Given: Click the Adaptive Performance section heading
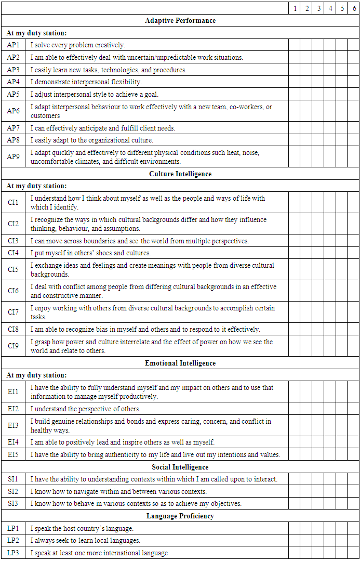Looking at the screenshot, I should tap(180, 21).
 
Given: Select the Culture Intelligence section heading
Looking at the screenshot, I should tap(180, 174).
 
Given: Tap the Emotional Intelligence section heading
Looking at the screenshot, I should tap(180, 363).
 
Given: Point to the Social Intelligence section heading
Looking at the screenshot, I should tap(180, 467).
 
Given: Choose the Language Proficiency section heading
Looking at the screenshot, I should tap(180, 516).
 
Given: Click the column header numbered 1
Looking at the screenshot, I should tap(295, 8).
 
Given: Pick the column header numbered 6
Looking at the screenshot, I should tap(353, 8).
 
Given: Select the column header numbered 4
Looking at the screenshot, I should tap(330, 8).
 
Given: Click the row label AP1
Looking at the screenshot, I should tap(13, 45).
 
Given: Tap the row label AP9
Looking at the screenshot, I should tap(13, 156).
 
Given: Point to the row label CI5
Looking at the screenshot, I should tap(13, 269).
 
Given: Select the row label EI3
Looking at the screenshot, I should tap(13, 425).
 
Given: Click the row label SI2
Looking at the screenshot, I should tap(13, 491).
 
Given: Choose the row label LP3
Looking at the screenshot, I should tap(13, 553).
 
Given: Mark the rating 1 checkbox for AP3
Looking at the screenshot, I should tap(295, 70).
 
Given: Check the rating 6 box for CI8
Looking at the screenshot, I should tap(353, 329).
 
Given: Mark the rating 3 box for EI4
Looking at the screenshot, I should tap(318, 442).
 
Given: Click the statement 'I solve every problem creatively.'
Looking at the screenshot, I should tap(77, 45).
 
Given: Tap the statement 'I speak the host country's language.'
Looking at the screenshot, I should tap(82, 528).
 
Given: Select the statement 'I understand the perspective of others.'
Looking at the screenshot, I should tap(85, 409).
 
